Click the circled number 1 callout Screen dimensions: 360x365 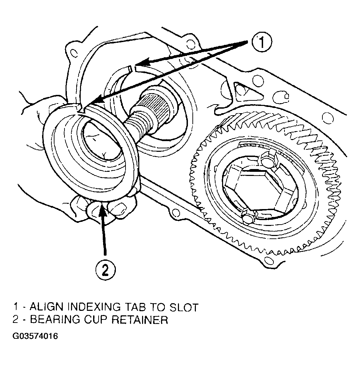pyautogui.click(x=262, y=42)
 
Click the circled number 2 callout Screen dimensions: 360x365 pyautogui.click(x=105, y=270)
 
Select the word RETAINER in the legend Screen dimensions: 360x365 pyautogui.click(x=140, y=319)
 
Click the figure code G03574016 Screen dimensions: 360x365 pyautogui.click(x=35, y=336)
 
